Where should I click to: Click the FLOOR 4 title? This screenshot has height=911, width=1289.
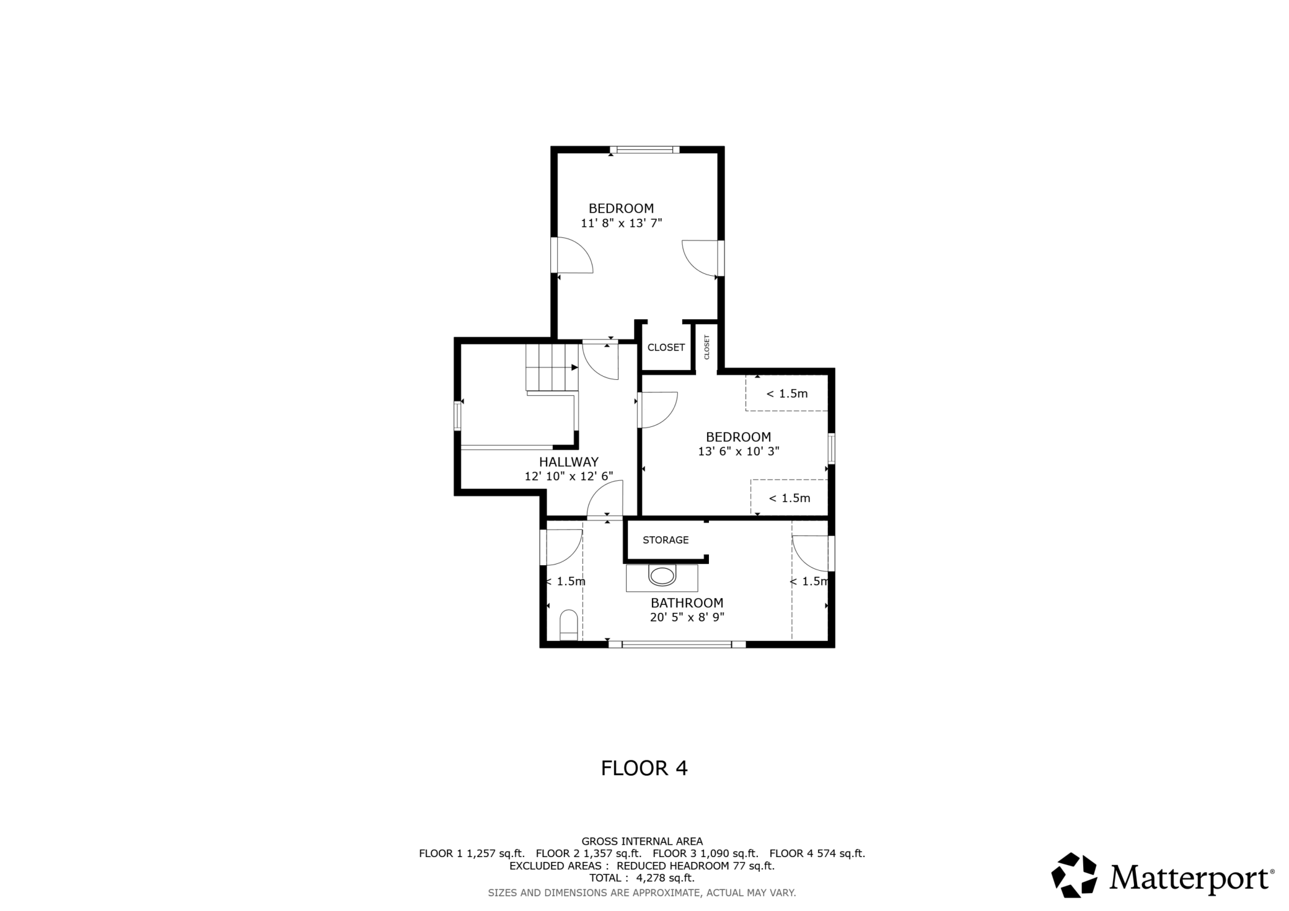(x=644, y=768)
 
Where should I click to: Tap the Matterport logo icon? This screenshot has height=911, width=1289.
(x=1075, y=875)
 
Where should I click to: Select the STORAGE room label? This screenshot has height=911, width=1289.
(x=666, y=540)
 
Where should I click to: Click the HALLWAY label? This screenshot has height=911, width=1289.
(x=569, y=462)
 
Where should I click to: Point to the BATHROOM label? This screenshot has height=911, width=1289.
(x=687, y=603)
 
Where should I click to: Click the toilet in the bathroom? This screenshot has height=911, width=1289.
(x=569, y=625)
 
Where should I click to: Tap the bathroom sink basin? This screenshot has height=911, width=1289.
(x=662, y=576)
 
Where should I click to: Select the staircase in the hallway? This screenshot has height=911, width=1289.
(x=552, y=368)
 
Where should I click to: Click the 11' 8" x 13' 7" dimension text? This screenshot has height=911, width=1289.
(x=622, y=223)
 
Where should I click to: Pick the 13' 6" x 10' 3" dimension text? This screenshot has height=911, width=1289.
(x=739, y=452)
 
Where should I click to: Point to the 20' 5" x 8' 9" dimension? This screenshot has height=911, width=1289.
(x=687, y=617)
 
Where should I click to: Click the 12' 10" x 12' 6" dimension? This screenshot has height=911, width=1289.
(x=569, y=477)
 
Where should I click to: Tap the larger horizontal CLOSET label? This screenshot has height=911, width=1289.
(x=666, y=348)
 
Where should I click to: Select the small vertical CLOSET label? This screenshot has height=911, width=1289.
(x=706, y=347)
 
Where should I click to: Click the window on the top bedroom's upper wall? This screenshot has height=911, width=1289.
(x=644, y=149)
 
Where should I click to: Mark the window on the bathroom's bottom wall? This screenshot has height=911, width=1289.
(x=677, y=645)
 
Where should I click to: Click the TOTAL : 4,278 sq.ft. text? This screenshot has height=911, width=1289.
(x=642, y=878)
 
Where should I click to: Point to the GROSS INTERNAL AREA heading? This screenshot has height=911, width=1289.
(x=642, y=842)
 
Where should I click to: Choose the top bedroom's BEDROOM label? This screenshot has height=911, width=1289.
(x=622, y=209)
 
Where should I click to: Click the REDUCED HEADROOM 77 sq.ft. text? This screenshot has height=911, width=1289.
(x=696, y=866)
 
